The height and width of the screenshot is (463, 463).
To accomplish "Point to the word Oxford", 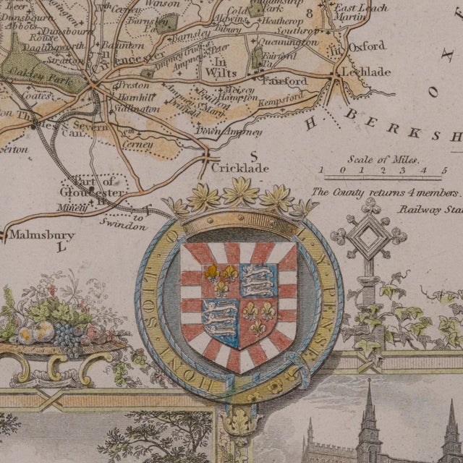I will point(367,46).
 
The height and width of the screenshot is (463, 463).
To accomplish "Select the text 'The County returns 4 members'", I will point(386,193).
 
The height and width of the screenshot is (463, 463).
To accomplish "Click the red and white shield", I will point(238,304).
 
